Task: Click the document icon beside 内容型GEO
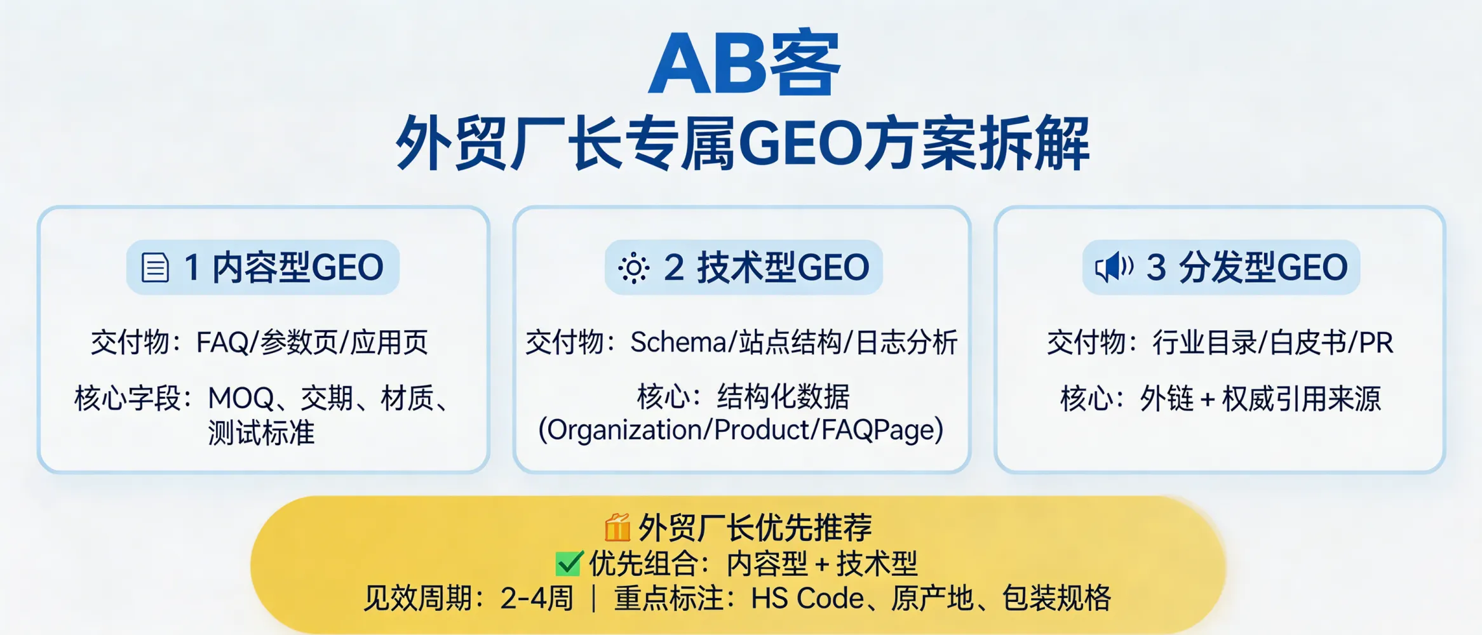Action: pyautogui.click(x=155, y=267)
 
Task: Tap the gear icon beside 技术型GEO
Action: pyautogui.click(x=633, y=267)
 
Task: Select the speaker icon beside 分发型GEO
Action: pyautogui.click(x=1114, y=267)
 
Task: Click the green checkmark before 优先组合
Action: pyautogui.click(x=569, y=563)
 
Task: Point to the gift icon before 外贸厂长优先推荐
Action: pyautogui.click(x=617, y=527)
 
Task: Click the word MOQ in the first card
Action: pyautogui.click(x=241, y=399)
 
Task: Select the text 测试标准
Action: pyautogui.click(x=261, y=433)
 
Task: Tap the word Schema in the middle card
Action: pyautogui.click(x=678, y=343)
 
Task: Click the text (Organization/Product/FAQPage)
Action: pyautogui.click(x=741, y=430)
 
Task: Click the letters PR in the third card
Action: pyautogui.click(x=1376, y=343)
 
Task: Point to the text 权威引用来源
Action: pyautogui.click(x=1302, y=399)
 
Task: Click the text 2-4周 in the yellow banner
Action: pyautogui.click(x=537, y=598)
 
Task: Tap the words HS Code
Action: pyautogui.click(x=807, y=598)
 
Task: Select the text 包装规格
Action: pyautogui.click(x=1056, y=598)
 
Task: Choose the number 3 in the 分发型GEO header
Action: pyautogui.click(x=1155, y=267)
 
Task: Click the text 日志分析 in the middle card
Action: pyautogui.click(x=906, y=343)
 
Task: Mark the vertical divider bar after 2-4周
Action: pyautogui.click(x=594, y=598)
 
